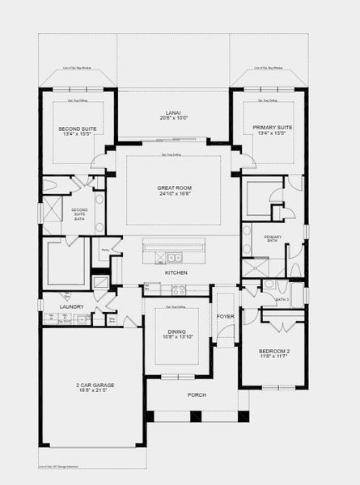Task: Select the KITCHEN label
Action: (176, 273)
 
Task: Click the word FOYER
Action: (226, 316)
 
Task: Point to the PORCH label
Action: (197, 394)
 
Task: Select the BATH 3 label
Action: (282, 300)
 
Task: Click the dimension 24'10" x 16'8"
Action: (175, 194)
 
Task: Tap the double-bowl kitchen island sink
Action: (174, 259)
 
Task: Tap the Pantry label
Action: (105, 250)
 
